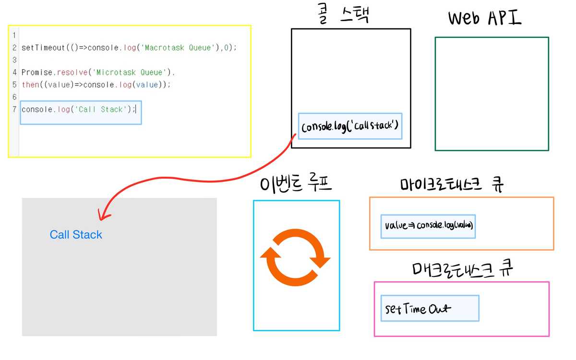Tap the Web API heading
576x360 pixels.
(x=485, y=18)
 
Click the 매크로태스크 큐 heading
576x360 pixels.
(x=462, y=269)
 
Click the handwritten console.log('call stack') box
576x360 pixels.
(x=350, y=126)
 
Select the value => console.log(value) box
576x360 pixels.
(x=429, y=226)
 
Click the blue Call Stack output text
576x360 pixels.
(x=76, y=235)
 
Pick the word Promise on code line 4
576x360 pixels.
(x=36, y=72)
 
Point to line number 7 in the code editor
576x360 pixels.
(x=14, y=109)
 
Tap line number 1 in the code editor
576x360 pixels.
(x=14, y=35)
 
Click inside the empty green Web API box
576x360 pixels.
(x=492, y=94)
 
